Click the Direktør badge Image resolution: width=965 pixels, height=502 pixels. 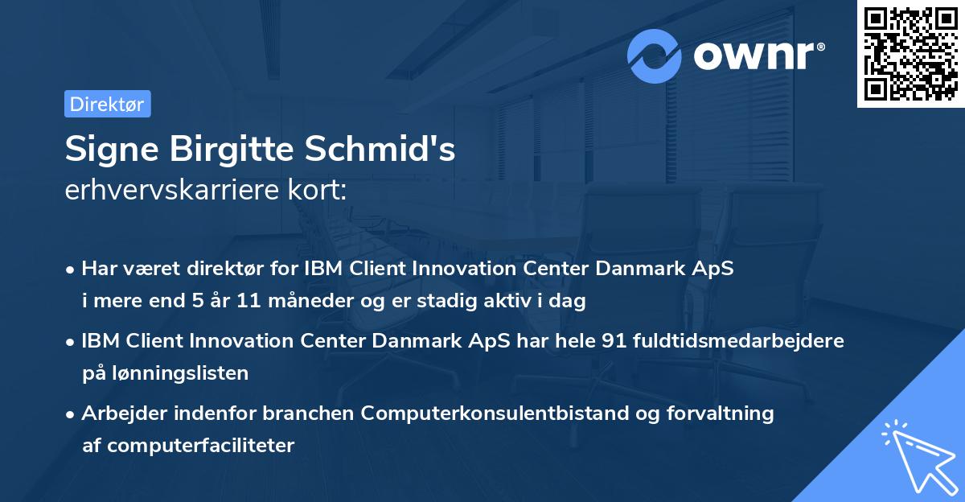(x=107, y=104)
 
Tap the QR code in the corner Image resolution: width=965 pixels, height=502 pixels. (x=911, y=54)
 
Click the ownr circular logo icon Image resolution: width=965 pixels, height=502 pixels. (x=655, y=56)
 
